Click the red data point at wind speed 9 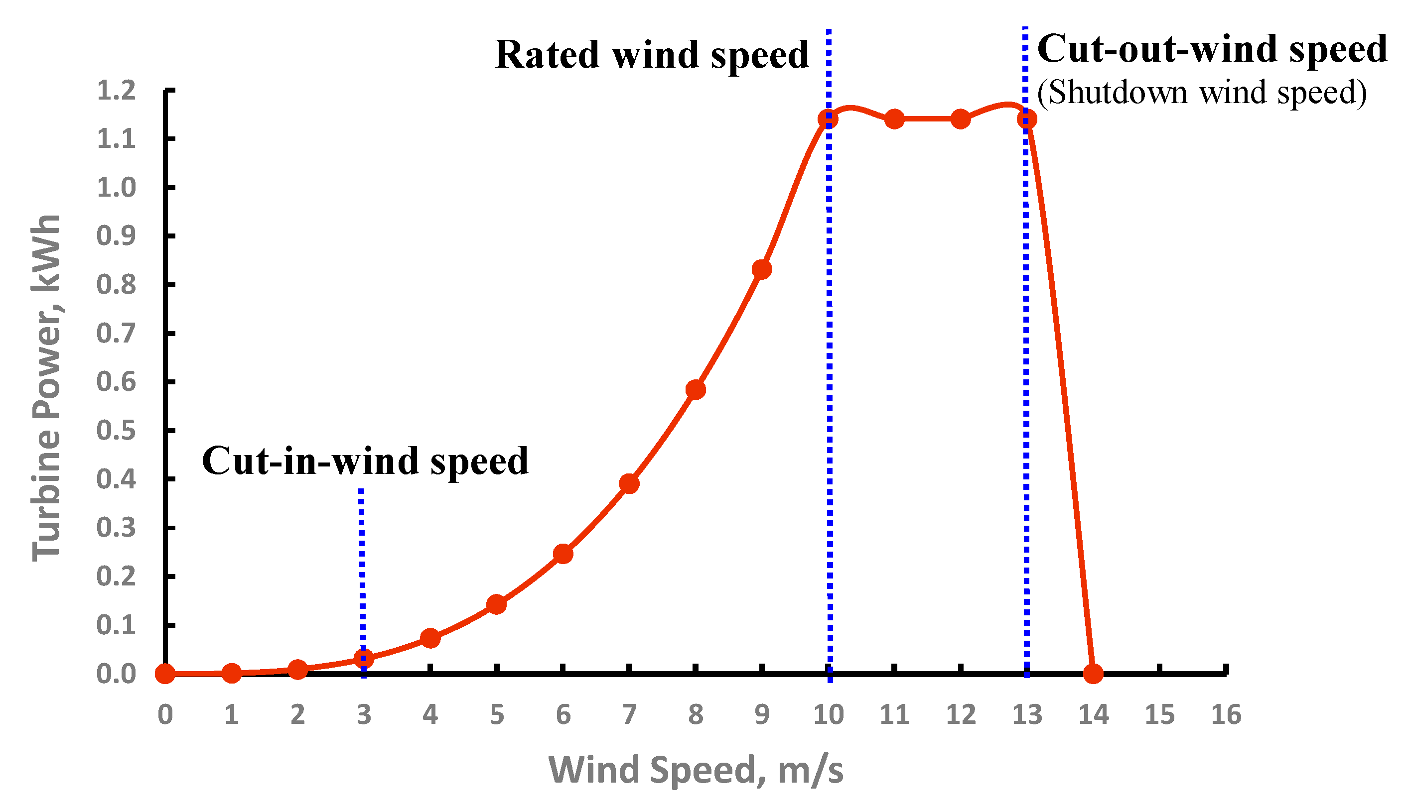pos(762,270)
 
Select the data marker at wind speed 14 pos(1093,674)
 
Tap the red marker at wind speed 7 pos(629,484)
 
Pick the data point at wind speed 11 pos(894,119)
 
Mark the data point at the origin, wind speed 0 pos(165,674)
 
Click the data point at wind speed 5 pos(496,604)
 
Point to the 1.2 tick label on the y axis pos(116,91)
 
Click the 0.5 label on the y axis pos(116,431)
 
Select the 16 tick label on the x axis pos(1226,715)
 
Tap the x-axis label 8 pos(696,715)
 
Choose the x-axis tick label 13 pos(1027,715)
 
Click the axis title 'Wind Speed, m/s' pos(696,770)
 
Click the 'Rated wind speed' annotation pos(651,55)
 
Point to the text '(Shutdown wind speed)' pos(1202,92)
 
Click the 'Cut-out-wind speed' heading pos(1212,49)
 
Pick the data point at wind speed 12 pos(961,119)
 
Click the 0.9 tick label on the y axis pos(116,236)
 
